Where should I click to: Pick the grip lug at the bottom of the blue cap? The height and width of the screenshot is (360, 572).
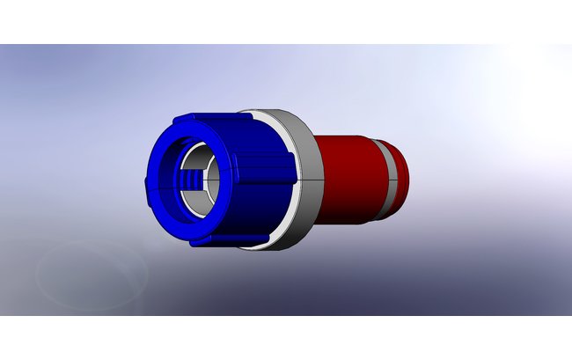[x=201, y=239]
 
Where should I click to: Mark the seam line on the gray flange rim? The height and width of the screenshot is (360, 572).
[x=304, y=175]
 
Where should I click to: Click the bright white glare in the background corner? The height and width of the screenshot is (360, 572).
[x=537, y=70]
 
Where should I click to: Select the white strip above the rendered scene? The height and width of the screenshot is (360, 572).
[x=286, y=22]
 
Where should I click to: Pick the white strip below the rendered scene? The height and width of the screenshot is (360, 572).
[x=286, y=338]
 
